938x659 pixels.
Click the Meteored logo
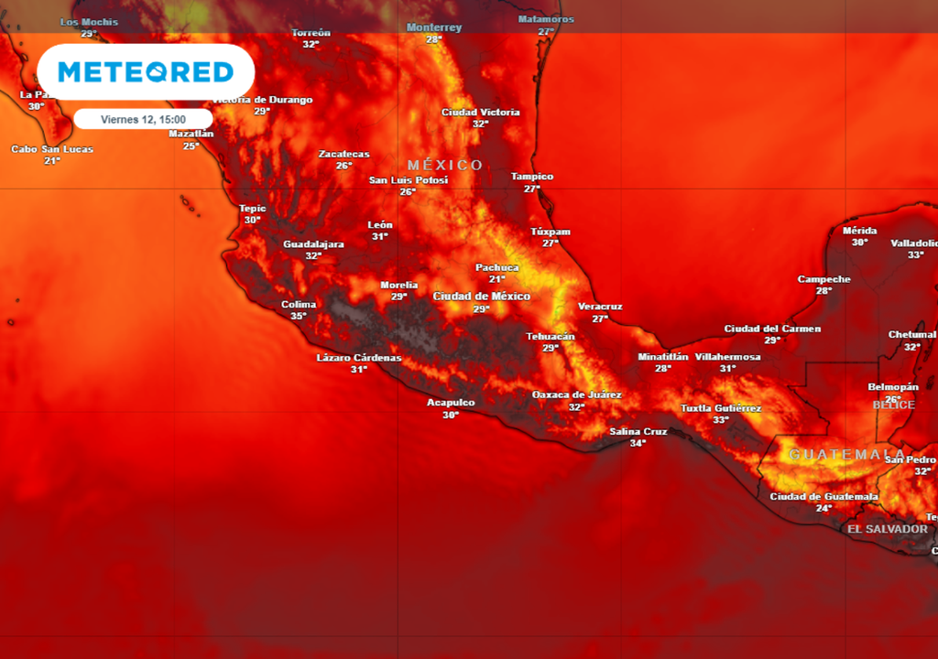click(x=146, y=71)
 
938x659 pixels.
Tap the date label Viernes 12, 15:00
click(x=143, y=119)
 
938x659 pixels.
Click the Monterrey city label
click(x=434, y=27)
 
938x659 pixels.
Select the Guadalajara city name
click(x=313, y=244)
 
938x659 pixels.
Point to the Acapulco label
click(x=451, y=403)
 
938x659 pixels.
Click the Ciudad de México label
click(x=481, y=297)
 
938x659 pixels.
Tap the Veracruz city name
click(x=600, y=307)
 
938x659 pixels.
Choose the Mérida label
click(x=859, y=231)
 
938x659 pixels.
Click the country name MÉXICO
click(x=445, y=165)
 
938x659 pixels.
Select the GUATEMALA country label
click(x=847, y=455)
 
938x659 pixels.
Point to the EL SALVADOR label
click(x=887, y=529)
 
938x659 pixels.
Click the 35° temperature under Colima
click(x=299, y=317)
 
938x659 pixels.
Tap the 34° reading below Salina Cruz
click(x=638, y=443)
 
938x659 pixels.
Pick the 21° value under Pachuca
click(x=496, y=279)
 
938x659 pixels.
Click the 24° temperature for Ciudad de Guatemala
click(x=824, y=508)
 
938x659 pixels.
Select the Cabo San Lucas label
click(x=52, y=149)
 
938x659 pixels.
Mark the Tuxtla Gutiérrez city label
click(x=721, y=408)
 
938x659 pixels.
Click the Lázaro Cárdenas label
click(x=359, y=358)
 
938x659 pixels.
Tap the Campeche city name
click(x=823, y=279)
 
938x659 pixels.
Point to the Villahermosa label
click(x=727, y=357)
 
